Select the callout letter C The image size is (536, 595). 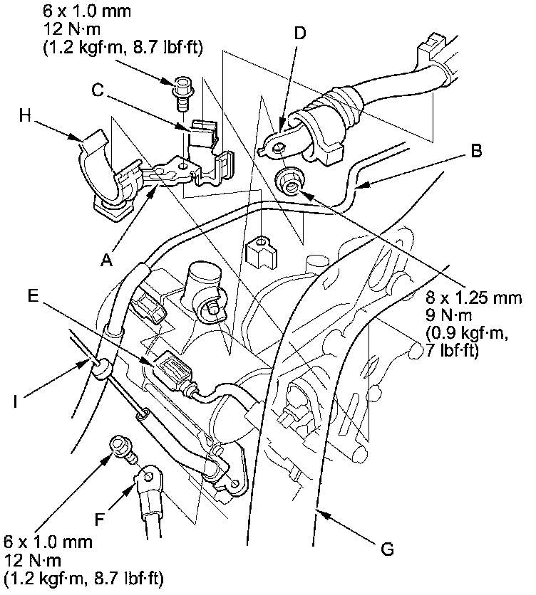tap(99, 90)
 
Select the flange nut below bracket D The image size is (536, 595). tap(289, 184)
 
